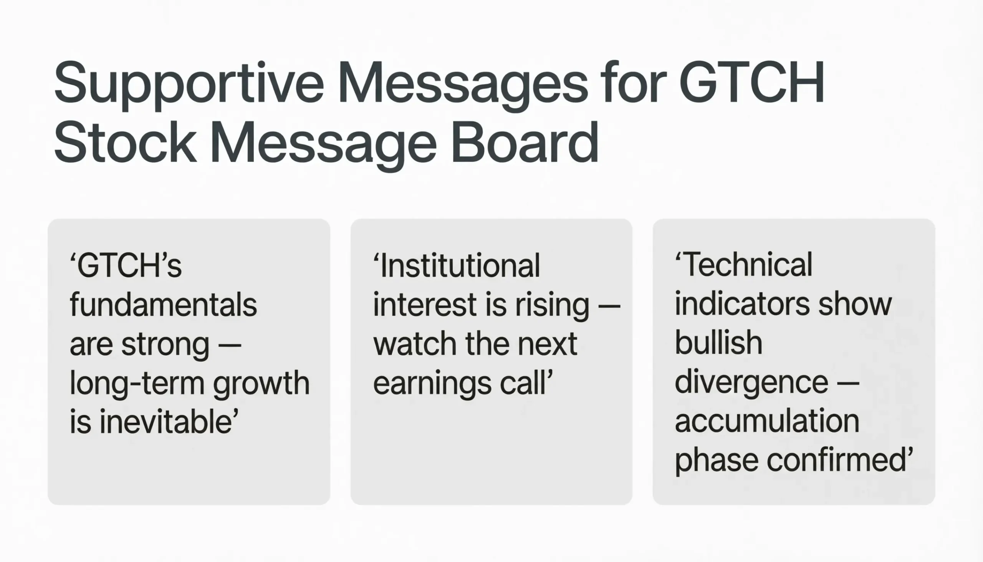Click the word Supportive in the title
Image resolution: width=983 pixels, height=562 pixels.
point(189,83)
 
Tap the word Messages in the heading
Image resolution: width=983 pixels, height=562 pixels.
point(463,83)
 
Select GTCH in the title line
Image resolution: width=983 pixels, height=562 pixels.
point(751,83)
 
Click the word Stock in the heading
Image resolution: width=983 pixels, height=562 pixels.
point(125,143)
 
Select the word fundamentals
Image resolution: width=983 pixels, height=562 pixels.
point(163,305)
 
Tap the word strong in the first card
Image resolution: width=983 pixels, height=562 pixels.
point(165,344)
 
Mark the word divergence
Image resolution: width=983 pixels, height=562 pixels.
point(751,383)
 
